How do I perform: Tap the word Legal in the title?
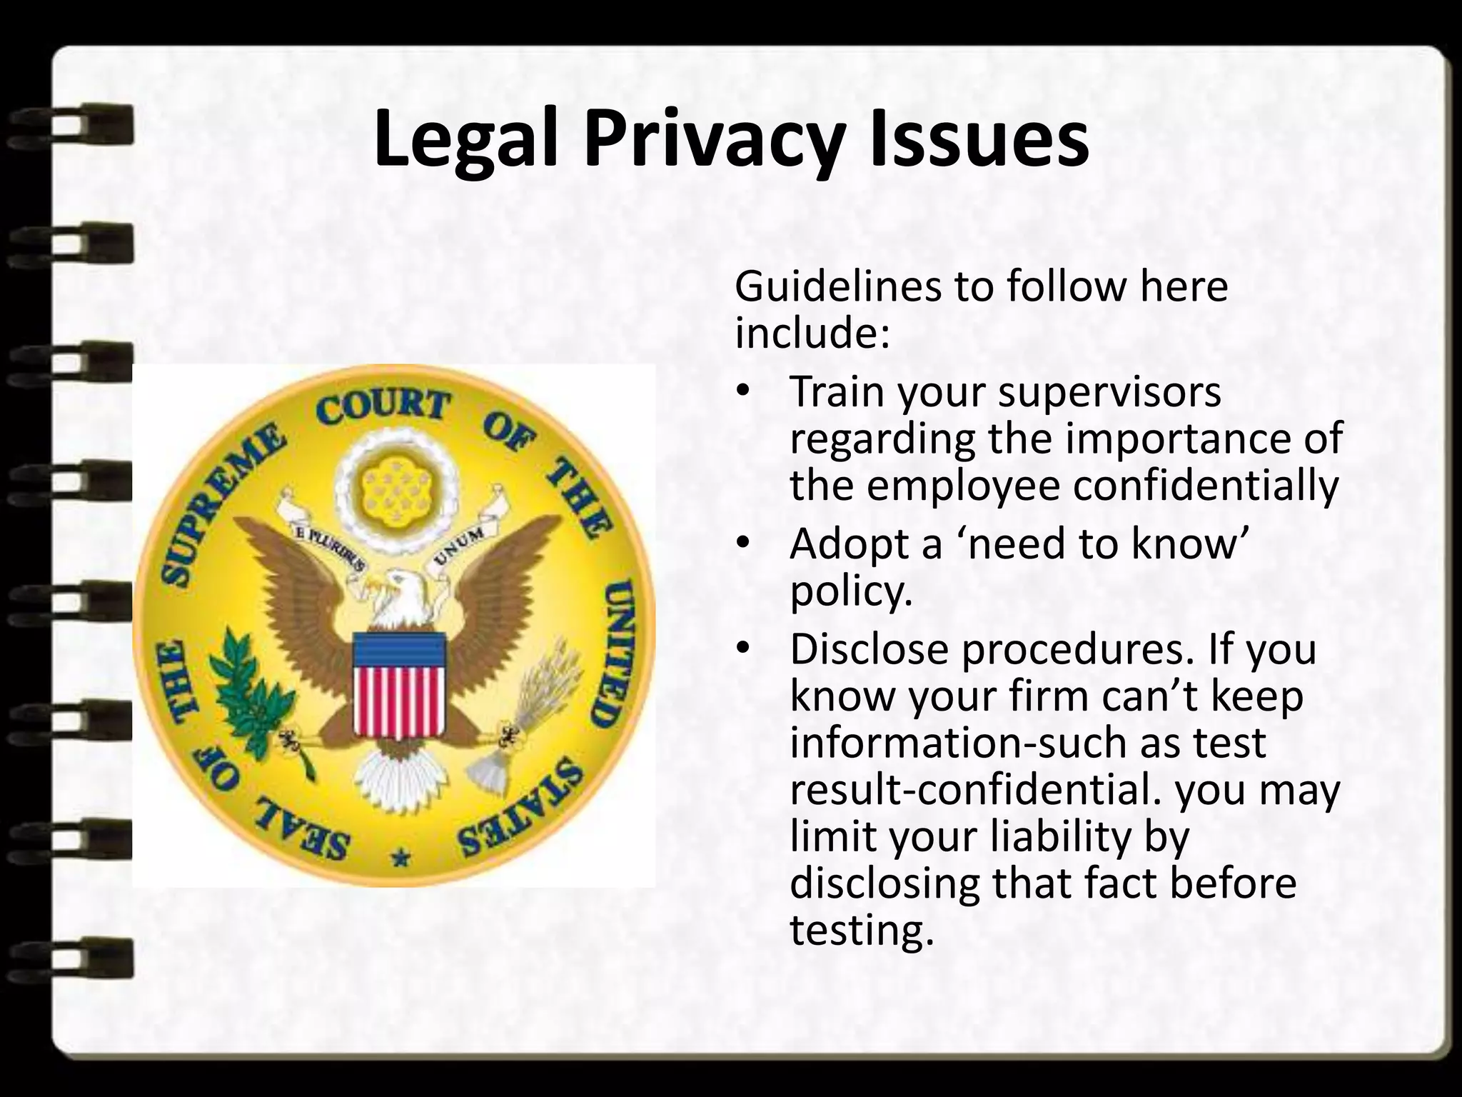465,141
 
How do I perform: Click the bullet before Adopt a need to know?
743,544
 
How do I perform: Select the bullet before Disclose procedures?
743,649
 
